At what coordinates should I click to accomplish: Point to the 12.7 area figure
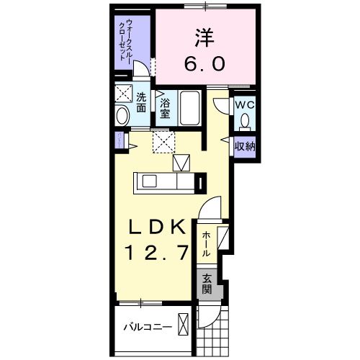[159, 252]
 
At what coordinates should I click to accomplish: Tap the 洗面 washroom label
[142, 102]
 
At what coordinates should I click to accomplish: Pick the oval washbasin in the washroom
[122, 115]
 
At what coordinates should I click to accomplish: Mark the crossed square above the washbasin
[122, 94]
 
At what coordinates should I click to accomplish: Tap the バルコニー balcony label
[146, 327]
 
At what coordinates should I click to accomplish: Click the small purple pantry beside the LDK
[117, 140]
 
